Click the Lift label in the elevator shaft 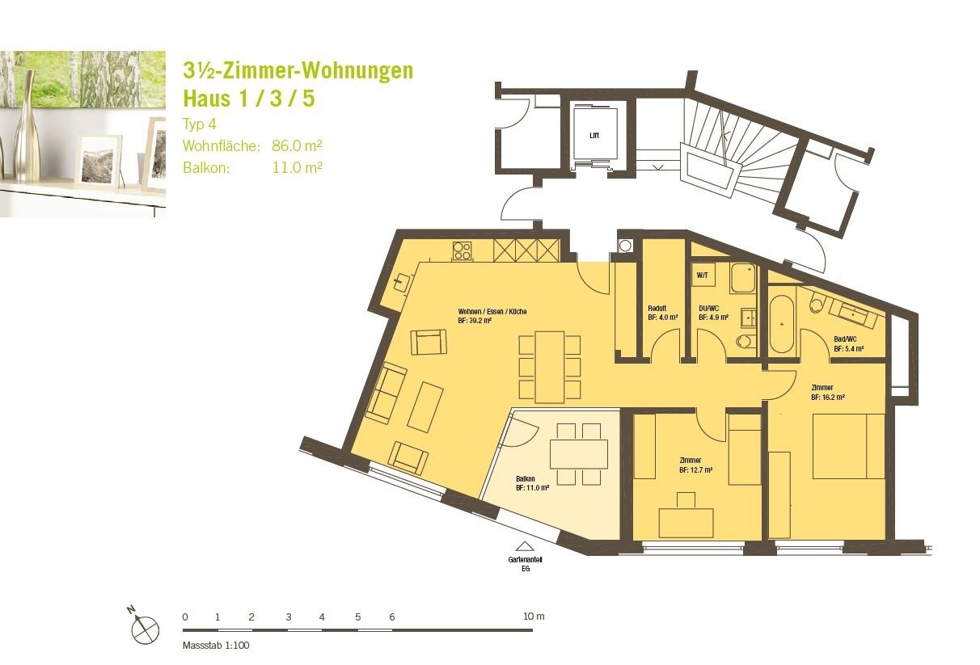click(594, 136)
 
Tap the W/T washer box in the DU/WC click(703, 275)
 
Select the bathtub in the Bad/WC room click(781, 324)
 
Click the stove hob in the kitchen click(462, 251)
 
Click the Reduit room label click(657, 308)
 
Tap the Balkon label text click(526, 478)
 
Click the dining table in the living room click(550, 368)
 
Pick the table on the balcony click(579, 454)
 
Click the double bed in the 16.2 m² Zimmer click(849, 446)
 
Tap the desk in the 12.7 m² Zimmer click(686, 523)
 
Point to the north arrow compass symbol click(145, 629)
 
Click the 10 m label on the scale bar click(534, 617)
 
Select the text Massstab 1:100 click(216, 646)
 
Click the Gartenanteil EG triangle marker click(523, 546)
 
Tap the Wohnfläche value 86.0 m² click(297, 145)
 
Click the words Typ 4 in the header click(200, 124)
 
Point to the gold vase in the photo click(27, 128)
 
